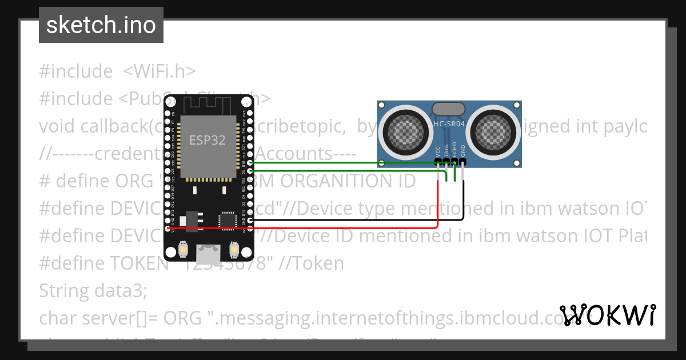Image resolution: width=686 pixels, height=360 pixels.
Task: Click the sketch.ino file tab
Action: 101,25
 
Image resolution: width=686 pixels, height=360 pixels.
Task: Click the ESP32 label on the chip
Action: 207,140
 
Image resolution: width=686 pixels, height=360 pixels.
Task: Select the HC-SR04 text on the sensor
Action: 449,124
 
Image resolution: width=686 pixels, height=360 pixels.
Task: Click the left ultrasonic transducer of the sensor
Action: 406,132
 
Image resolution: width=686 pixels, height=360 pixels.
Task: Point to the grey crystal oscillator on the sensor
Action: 449,109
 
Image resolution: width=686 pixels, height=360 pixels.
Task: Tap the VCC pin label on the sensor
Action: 438,151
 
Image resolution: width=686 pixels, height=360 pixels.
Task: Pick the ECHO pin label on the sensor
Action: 454,150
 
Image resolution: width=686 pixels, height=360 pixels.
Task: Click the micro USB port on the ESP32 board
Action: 207,251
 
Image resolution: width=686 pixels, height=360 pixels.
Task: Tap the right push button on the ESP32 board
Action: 233,250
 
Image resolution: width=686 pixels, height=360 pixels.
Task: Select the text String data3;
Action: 93,291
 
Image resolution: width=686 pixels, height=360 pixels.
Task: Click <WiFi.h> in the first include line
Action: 159,71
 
